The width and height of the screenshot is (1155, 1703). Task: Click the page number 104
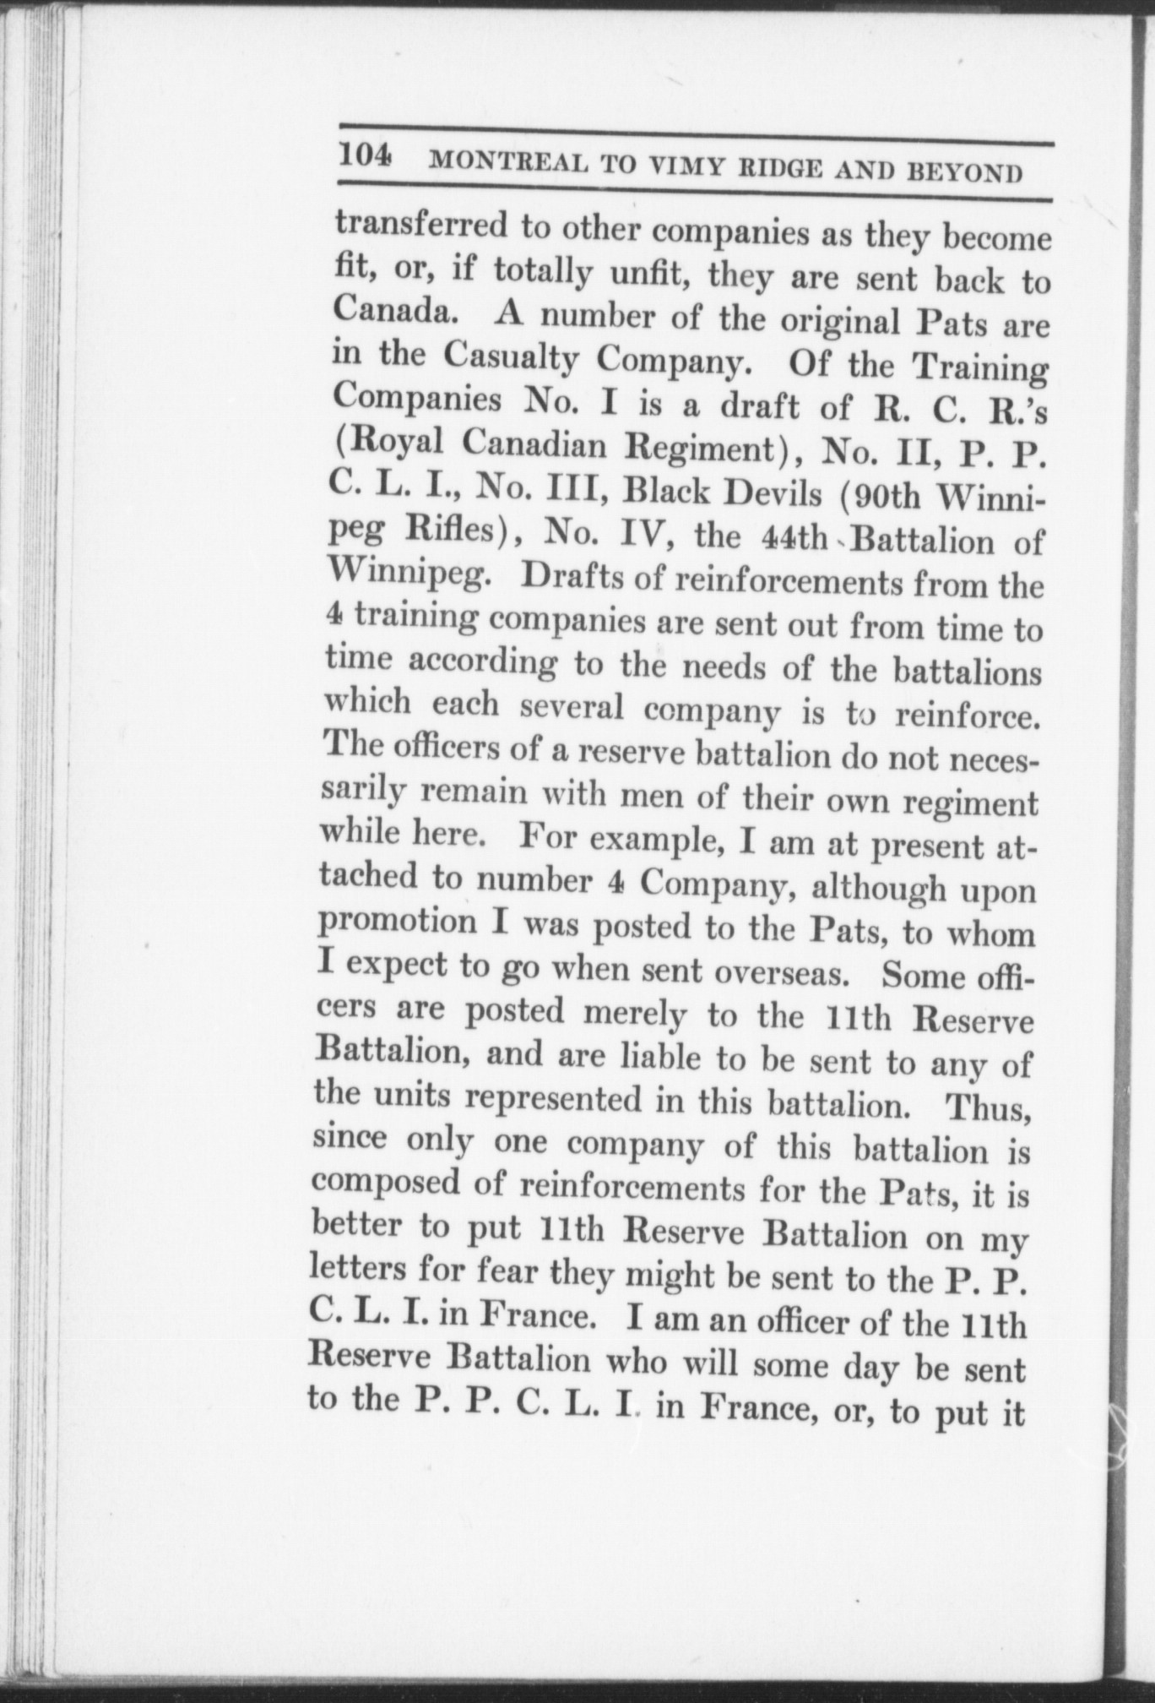coord(364,157)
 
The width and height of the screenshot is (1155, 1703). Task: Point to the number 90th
coord(887,498)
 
